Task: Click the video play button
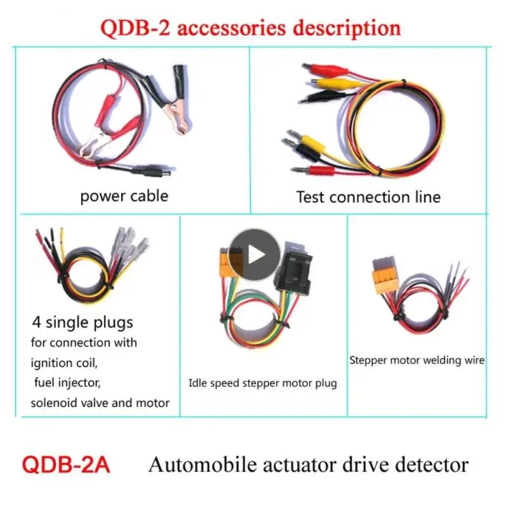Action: click(x=254, y=255)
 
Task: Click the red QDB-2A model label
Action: click(x=66, y=465)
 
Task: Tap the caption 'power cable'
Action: click(x=124, y=196)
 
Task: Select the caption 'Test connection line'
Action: click(x=368, y=197)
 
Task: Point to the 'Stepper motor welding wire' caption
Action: click(x=417, y=360)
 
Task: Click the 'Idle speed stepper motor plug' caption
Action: click(x=262, y=383)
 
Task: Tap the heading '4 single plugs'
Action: click(x=84, y=322)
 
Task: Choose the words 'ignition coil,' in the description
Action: click(x=65, y=363)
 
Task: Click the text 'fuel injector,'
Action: click(x=68, y=384)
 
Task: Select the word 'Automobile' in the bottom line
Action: click(x=198, y=464)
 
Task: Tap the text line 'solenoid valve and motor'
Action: click(x=100, y=403)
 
